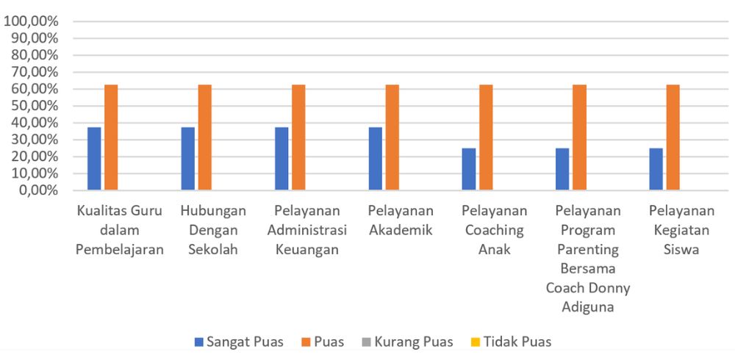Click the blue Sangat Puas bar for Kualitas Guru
(94, 159)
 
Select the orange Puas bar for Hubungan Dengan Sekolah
(204, 137)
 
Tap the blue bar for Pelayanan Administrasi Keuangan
(282, 159)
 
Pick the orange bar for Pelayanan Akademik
(392, 137)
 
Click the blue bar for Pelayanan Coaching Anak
(469, 169)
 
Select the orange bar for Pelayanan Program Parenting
(580, 137)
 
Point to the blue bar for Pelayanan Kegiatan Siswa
(656, 169)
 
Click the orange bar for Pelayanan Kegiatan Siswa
(673, 137)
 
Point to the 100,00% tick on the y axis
(32, 21)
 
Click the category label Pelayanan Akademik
(401, 220)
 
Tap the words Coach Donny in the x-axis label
(588, 287)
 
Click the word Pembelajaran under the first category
(120, 249)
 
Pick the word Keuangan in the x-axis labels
(306, 249)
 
